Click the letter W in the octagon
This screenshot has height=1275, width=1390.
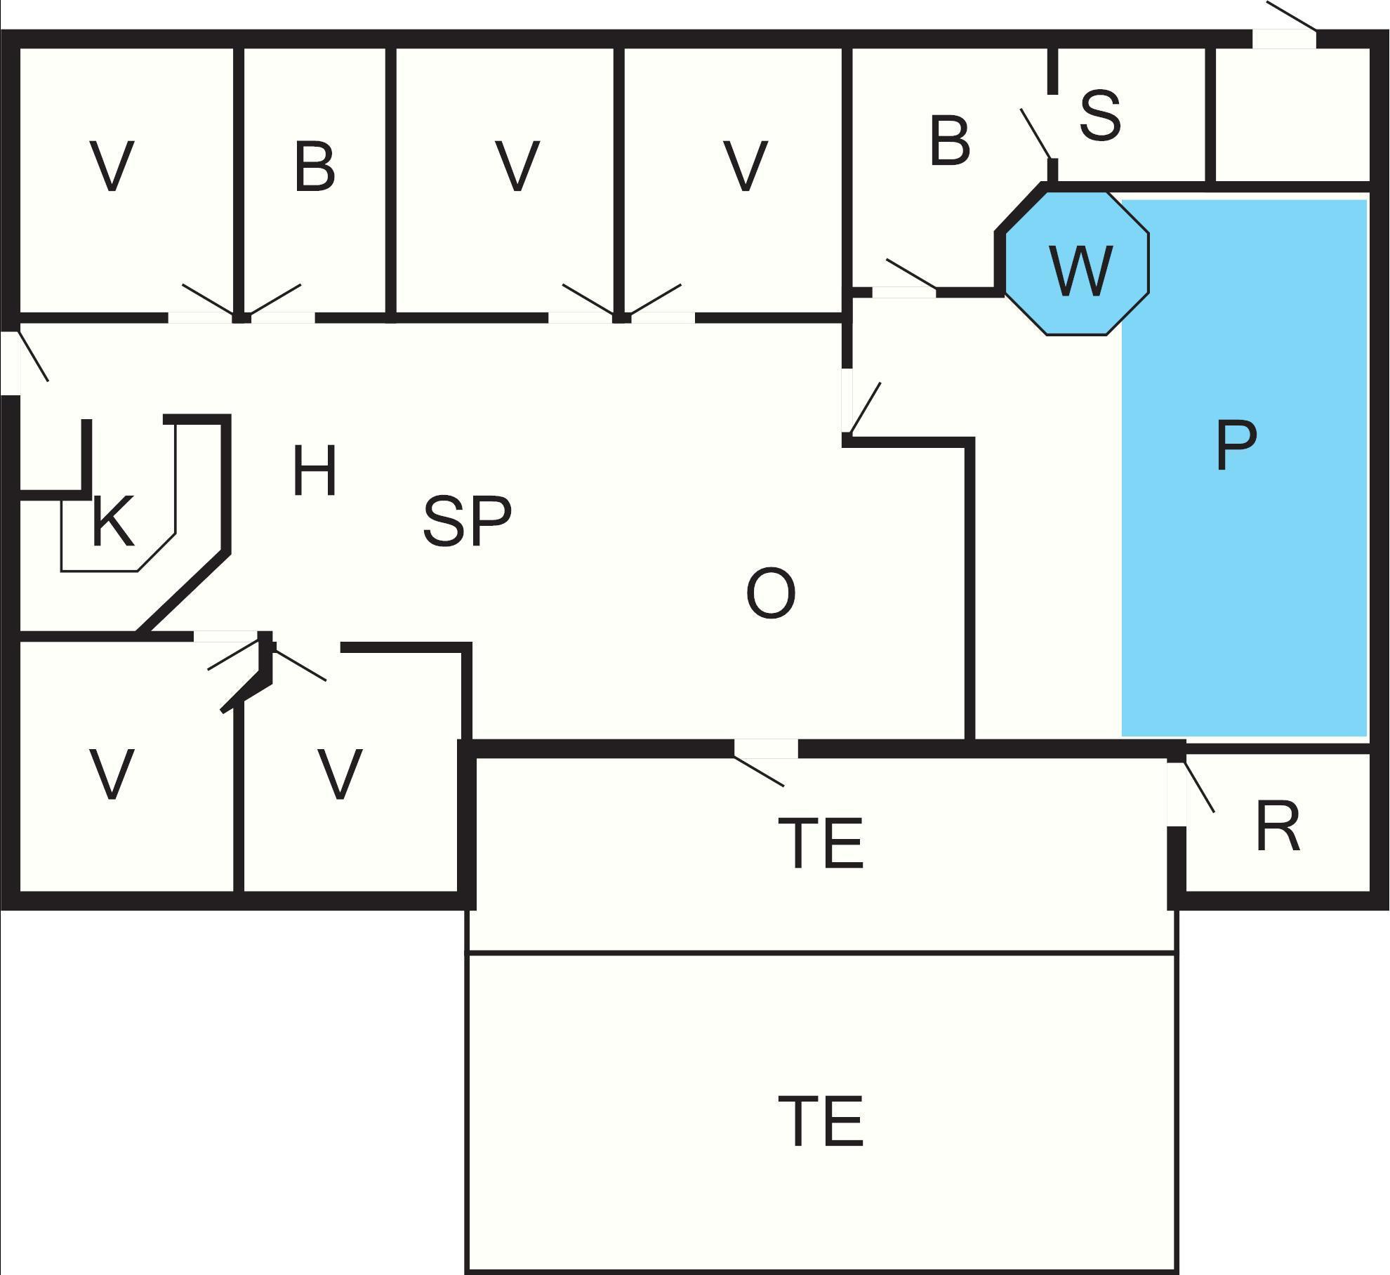point(1080,270)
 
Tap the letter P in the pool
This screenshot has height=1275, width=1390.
point(1236,445)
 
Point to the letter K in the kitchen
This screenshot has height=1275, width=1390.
point(112,521)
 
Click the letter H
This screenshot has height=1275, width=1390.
point(315,470)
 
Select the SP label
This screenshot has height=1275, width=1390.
point(467,521)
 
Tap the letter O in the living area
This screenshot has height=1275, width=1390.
point(770,594)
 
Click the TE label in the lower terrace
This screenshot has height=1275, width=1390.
point(821,1122)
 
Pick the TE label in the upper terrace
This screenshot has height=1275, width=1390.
point(821,843)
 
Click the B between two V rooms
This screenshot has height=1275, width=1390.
point(314,167)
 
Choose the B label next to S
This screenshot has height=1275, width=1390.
point(949,142)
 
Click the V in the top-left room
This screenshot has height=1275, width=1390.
point(112,167)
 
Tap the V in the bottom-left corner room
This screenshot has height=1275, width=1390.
point(112,774)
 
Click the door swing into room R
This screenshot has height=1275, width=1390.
point(1198,786)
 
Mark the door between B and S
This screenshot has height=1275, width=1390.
point(1037,133)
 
